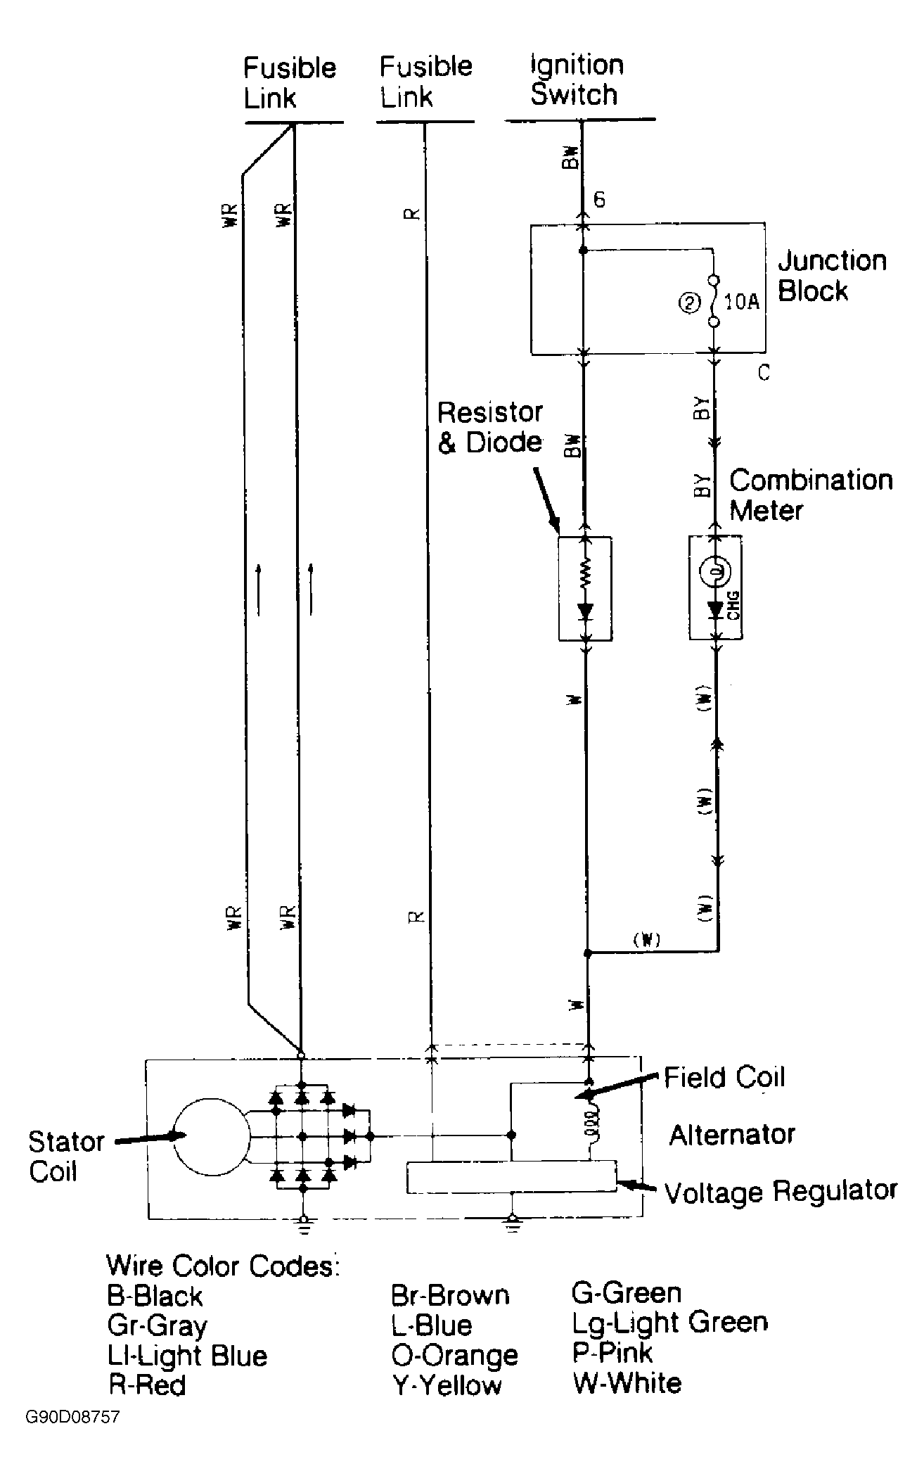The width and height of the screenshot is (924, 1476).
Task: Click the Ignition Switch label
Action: [x=577, y=79]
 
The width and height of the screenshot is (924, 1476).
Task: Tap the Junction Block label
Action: [x=832, y=275]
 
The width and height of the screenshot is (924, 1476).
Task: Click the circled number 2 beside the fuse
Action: [x=690, y=303]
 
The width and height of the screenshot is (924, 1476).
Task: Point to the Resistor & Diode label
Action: [x=490, y=427]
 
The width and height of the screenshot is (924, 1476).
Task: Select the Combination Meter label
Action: [x=810, y=495]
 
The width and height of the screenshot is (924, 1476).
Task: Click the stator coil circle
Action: [x=211, y=1136]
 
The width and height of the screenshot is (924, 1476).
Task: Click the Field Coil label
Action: [x=724, y=1078]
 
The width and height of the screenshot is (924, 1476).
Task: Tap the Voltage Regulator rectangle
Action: [x=511, y=1177]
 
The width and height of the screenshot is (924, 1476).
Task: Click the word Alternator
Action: [x=732, y=1135]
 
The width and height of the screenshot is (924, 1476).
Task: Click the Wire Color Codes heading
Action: [x=223, y=1266]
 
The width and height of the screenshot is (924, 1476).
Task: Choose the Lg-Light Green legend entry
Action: [x=669, y=1323]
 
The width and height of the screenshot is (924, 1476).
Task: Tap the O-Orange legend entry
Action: [x=454, y=1355]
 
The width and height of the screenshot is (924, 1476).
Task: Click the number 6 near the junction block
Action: [x=599, y=200]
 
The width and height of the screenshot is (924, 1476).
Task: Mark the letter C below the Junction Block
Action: [x=764, y=372]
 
